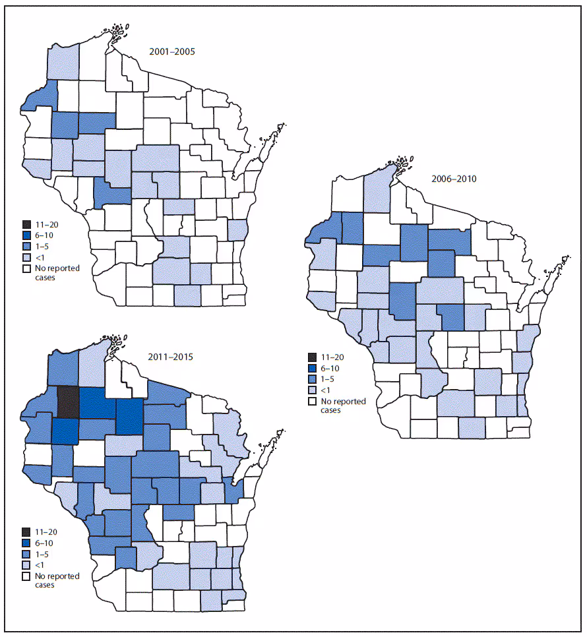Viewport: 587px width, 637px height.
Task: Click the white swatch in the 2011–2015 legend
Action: pyautogui.click(x=27, y=576)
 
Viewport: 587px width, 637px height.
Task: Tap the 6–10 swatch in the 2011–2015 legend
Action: pyautogui.click(x=27, y=543)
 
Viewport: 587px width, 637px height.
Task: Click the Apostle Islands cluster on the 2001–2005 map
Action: pyautogui.click(x=117, y=31)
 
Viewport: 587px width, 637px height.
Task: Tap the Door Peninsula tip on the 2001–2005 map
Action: pyautogui.click(x=280, y=127)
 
